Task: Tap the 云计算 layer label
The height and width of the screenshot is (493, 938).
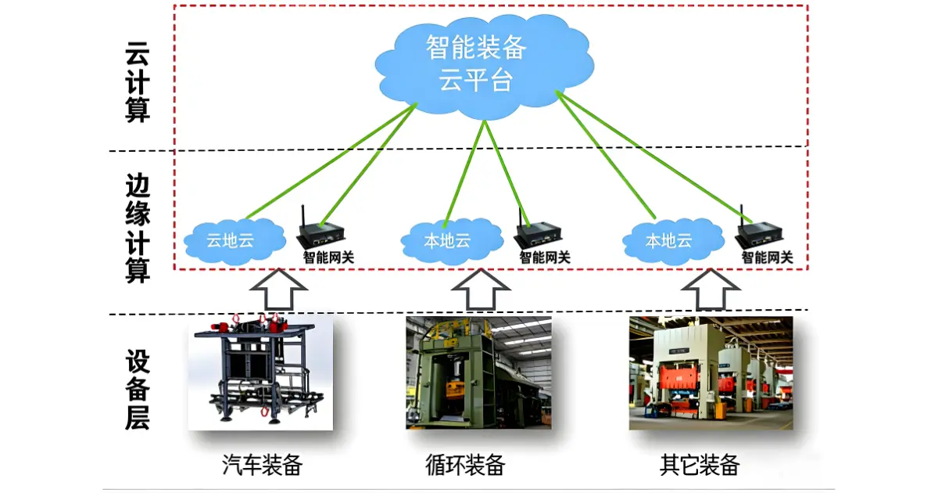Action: tap(138, 83)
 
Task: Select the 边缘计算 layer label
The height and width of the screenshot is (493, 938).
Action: tap(138, 228)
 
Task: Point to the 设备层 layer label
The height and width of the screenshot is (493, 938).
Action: tap(138, 391)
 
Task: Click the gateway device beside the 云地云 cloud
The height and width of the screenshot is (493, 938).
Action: tap(321, 234)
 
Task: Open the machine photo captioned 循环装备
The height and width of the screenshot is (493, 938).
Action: tap(478, 373)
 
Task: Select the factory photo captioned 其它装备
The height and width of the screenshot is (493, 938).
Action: tap(711, 373)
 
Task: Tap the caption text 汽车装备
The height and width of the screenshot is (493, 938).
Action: tap(262, 466)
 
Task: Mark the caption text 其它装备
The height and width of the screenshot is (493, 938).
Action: tap(700, 466)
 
